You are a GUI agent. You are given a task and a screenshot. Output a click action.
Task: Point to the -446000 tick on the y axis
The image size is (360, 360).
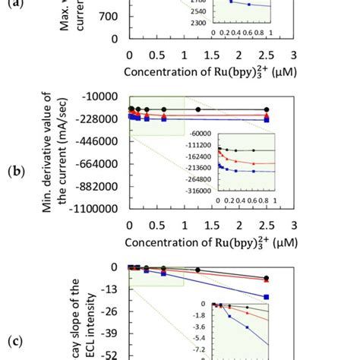101,141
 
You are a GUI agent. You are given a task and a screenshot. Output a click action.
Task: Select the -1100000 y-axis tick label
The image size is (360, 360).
97,208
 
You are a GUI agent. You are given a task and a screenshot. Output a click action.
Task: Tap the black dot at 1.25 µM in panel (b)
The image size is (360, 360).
198,109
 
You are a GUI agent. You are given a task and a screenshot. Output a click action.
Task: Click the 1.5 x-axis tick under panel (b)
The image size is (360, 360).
210,226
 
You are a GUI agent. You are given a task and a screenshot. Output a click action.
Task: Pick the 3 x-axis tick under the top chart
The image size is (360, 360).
293,55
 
